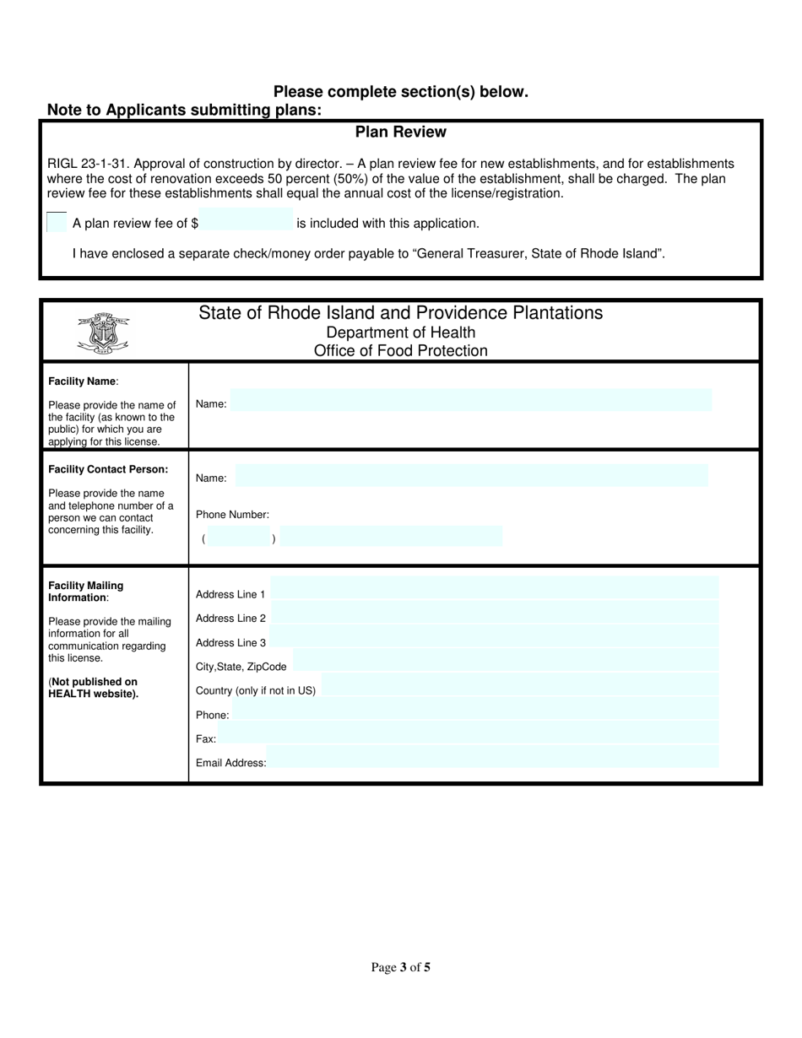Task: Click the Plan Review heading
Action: (400, 132)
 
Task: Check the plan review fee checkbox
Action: (57, 222)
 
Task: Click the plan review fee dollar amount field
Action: (246, 219)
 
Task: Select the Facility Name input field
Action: (471, 400)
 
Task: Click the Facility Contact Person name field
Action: (471, 475)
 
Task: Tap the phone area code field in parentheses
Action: (239, 538)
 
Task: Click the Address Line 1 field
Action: (495, 589)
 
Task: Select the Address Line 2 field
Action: (495, 614)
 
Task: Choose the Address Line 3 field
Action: (495, 637)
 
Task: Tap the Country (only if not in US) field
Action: (519, 686)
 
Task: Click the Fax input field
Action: (469, 734)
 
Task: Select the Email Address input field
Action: (493, 757)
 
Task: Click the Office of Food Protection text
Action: (400, 351)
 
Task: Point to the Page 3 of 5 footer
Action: (400, 967)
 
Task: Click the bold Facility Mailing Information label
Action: (85, 591)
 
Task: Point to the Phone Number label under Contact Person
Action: (232, 514)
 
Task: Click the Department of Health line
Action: (400, 332)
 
